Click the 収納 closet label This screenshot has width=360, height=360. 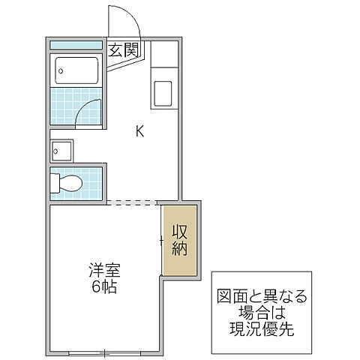180,239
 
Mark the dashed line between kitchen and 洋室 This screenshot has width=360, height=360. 132,202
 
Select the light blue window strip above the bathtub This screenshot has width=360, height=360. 77,45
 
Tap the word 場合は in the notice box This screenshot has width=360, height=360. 259,312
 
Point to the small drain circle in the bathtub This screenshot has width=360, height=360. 61,72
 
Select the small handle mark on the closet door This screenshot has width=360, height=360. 161,241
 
